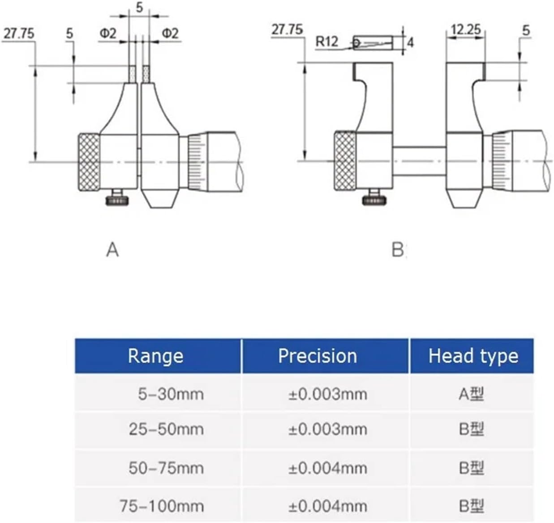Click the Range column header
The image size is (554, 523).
point(155,356)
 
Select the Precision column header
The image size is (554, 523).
point(318,356)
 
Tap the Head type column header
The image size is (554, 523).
point(473,356)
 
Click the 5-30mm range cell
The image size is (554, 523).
point(171,394)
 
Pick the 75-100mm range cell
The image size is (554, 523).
point(162,506)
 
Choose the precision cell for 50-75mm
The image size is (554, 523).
point(327,468)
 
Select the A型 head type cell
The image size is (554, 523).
point(471,394)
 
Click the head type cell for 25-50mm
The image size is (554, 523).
point(471,429)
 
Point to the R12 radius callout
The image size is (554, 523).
point(327,42)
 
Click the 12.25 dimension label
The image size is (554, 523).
point(466,30)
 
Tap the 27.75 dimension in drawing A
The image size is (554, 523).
point(19,34)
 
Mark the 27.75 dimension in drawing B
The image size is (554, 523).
point(287,30)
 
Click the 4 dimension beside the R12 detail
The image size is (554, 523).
point(410,43)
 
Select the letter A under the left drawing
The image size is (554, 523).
point(112,250)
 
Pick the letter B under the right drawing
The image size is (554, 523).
point(397,250)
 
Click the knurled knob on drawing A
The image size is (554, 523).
point(90,162)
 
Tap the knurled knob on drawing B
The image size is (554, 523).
point(346,161)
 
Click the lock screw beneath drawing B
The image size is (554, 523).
point(374,197)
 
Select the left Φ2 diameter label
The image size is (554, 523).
point(108,33)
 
